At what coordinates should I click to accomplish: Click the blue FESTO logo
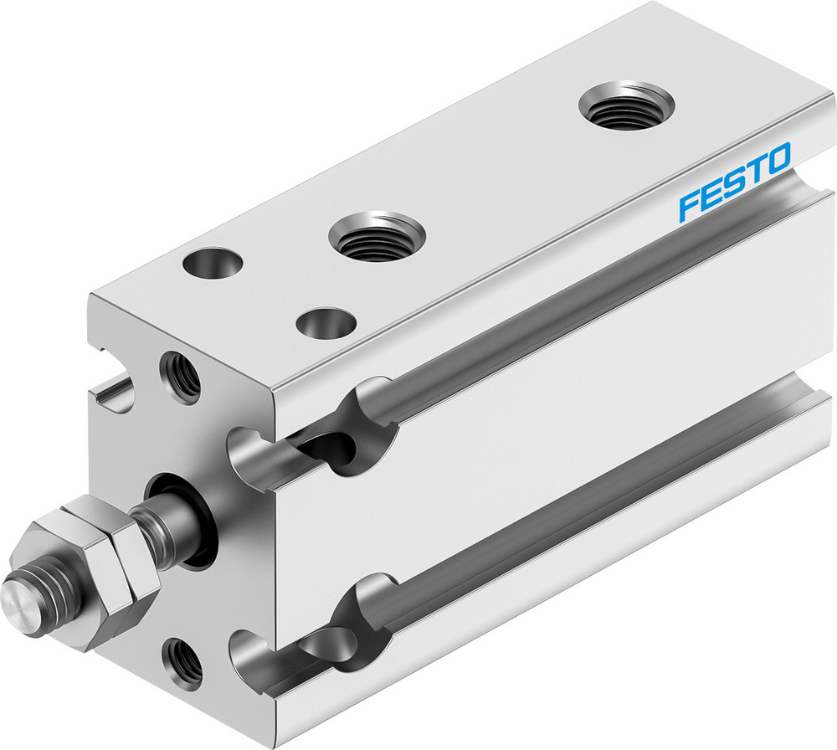tap(734, 182)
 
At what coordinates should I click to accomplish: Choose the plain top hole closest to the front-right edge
tap(327, 323)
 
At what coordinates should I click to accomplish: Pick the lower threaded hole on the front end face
tap(182, 661)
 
